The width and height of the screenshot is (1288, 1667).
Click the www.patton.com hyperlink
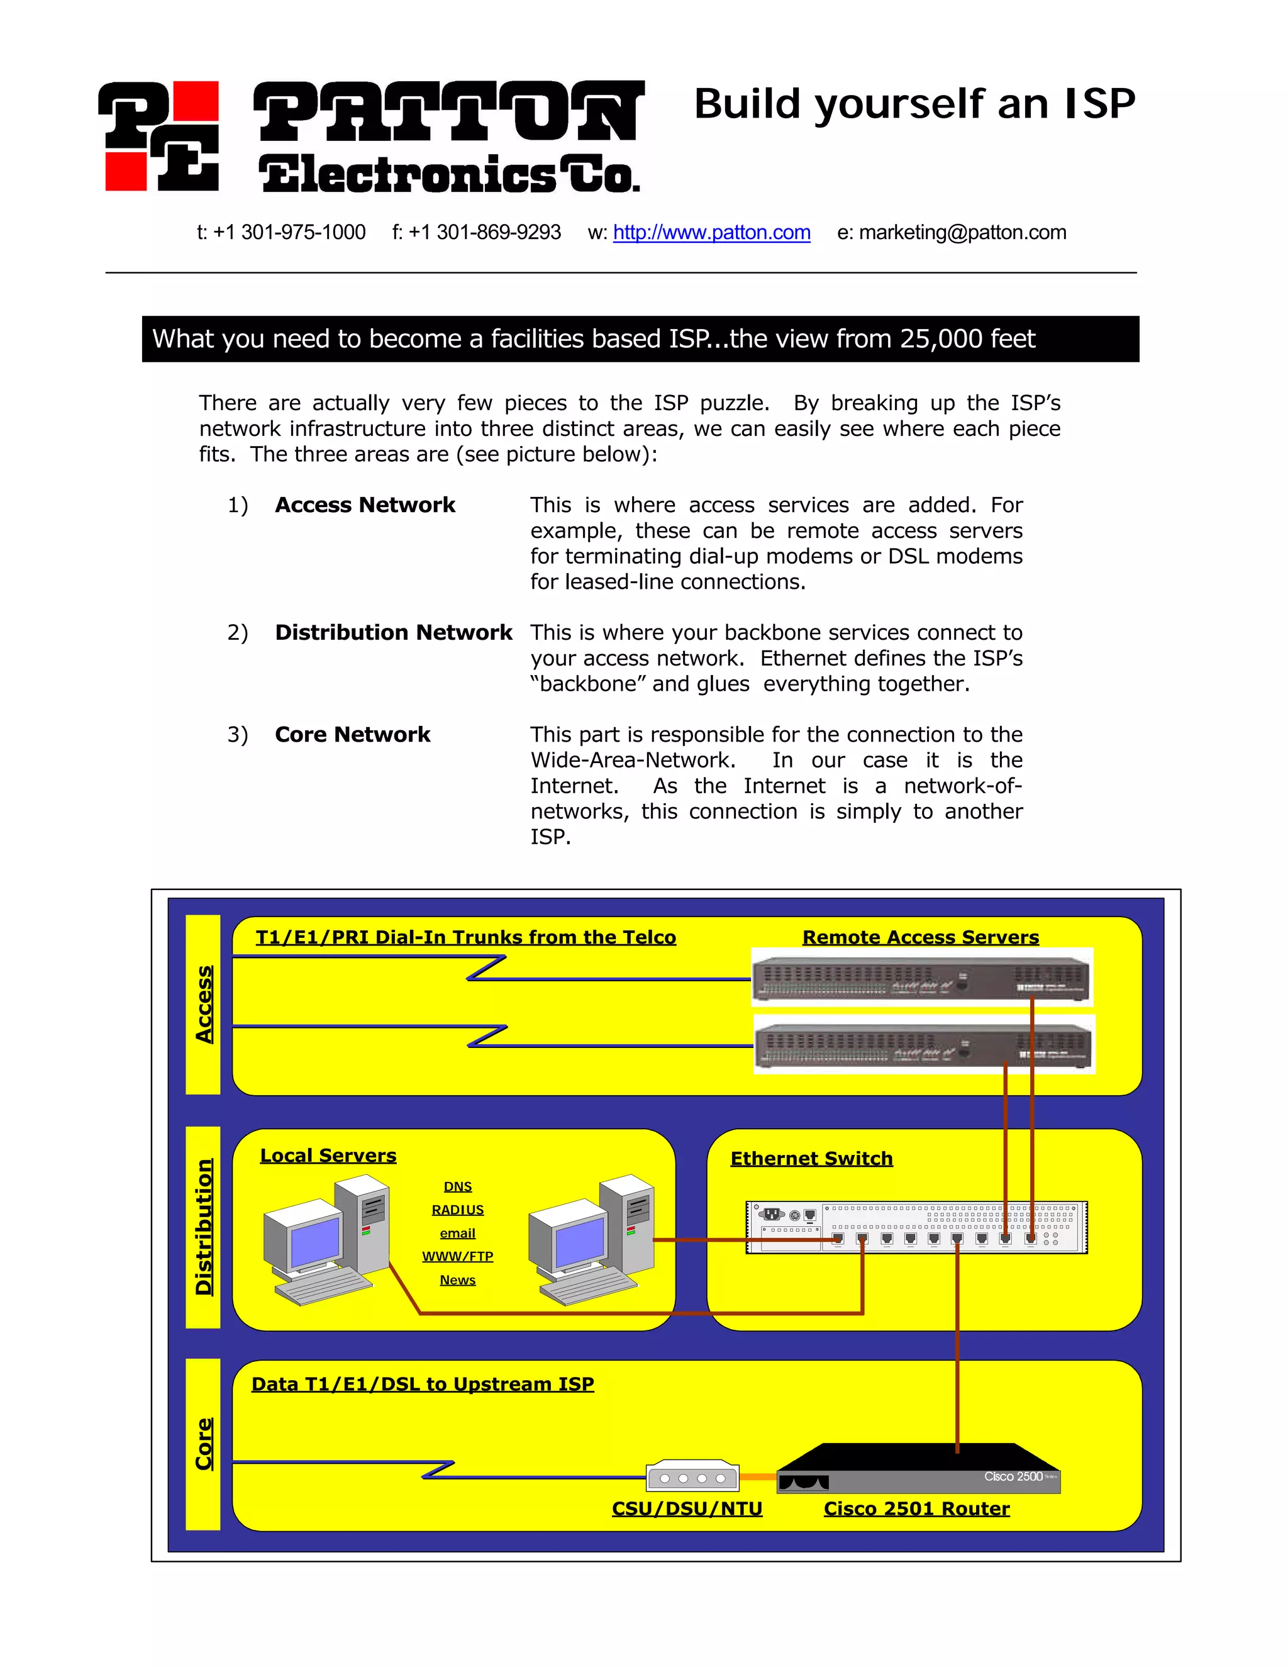pos(711,232)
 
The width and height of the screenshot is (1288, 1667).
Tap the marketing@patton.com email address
pos(962,232)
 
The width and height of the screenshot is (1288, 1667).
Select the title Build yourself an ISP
pos(914,104)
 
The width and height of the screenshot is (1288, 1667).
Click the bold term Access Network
pos(365,505)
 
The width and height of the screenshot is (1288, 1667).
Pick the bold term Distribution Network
pos(393,633)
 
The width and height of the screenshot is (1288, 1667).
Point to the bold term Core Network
pos(353,734)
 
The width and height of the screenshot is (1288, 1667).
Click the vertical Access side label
pos(203,1004)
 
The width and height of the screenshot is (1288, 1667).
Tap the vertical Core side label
pos(203,1444)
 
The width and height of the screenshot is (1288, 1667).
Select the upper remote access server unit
pos(921,978)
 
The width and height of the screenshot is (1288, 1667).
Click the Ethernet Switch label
pos(811,1159)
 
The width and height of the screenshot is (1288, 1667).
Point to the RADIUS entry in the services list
pos(457,1210)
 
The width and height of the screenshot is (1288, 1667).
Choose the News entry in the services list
pos(457,1280)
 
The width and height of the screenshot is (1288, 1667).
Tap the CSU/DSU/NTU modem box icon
pos(692,1478)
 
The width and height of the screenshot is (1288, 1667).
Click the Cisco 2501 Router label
pos(916,1509)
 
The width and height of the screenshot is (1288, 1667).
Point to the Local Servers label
pos(328,1156)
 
